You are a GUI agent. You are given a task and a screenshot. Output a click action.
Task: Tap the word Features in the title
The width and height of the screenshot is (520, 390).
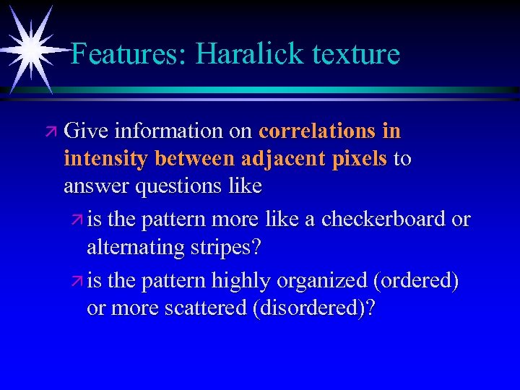tap(126, 54)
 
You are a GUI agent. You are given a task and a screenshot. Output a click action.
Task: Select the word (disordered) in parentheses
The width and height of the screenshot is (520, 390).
tap(311, 308)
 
